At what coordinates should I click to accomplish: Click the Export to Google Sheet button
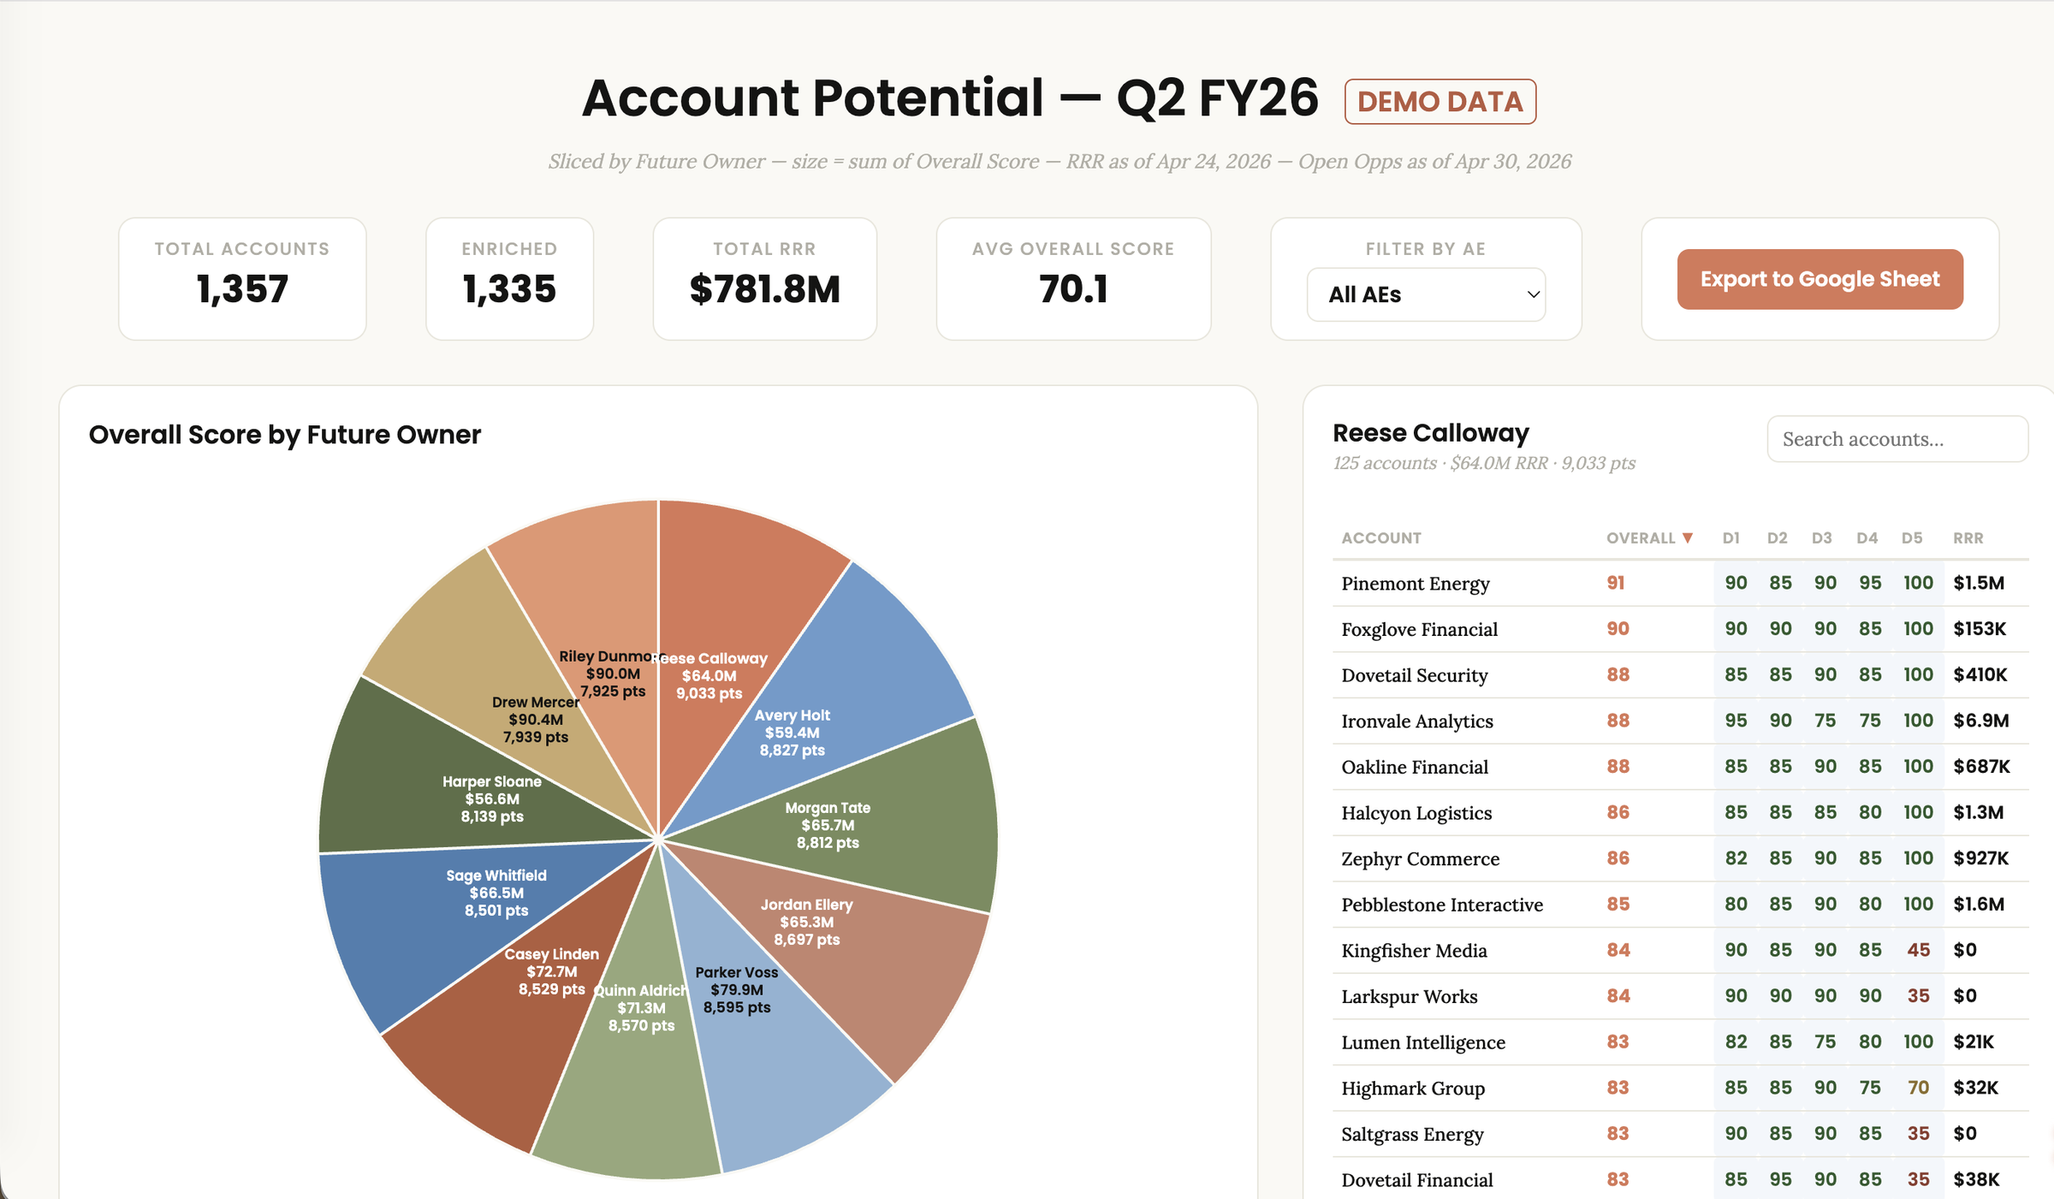click(x=1820, y=279)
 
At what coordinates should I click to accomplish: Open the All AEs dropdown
click(x=1426, y=294)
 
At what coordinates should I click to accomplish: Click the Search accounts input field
click(x=1897, y=439)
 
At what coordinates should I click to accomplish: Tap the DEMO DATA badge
click(x=1440, y=102)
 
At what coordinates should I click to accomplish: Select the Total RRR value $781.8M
click(x=764, y=289)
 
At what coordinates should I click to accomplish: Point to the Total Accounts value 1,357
click(x=242, y=289)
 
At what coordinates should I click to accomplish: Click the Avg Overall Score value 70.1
click(x=1073, y=289)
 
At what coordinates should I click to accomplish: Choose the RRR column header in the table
click(x=1968, y=538)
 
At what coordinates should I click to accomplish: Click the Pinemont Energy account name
click(x=1416, y=584)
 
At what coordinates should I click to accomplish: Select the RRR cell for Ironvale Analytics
click(x=1981, y=721)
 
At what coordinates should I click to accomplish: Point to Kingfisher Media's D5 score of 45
click(x=1918, y=950)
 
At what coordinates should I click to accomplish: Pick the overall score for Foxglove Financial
click(x=1618, y=629)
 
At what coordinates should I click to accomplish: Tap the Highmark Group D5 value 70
click(x=1918, y=1088)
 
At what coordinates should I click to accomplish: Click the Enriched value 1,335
click(x=509, y=289)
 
